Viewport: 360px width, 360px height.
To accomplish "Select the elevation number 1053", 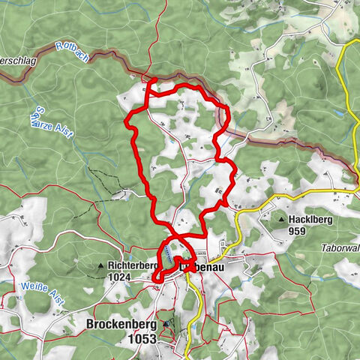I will coord(142,339).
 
